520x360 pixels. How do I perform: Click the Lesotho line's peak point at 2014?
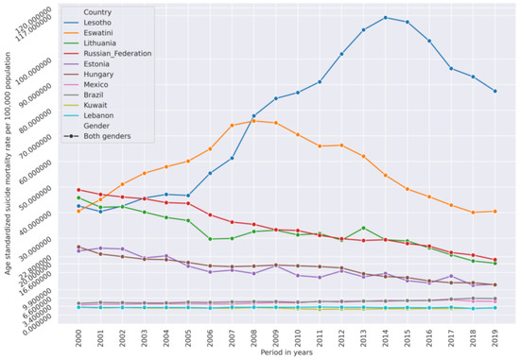tap(387, 17)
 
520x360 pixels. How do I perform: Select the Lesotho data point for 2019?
tap(495, 91)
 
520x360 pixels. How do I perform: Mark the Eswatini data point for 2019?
tap(495, 211)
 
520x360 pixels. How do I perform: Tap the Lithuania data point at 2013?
tap(365, 228)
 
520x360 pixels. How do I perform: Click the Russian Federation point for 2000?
tap(78, 189)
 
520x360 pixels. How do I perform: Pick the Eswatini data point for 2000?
tap(78, 211)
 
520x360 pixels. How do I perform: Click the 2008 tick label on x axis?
tap(255, 336)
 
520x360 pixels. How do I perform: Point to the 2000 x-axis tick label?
tap(79, 336)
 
